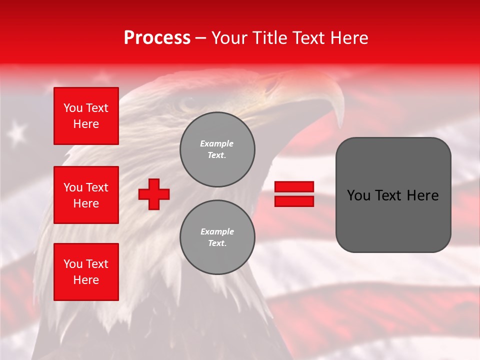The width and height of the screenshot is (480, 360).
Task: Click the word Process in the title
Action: (157, 38)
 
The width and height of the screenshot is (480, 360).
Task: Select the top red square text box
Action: (86, 116)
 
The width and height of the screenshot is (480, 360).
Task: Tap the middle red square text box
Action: (86, 195)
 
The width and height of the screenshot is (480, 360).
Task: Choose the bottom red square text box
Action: (86, 272)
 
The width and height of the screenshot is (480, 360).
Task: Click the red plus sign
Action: (154, 194)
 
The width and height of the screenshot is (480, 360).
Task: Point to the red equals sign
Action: (294, 194)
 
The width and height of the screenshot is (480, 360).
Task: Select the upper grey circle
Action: (217, 149)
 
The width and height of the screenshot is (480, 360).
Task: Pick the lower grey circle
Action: (217, 237)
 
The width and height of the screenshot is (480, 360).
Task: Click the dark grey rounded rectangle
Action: (393, 194)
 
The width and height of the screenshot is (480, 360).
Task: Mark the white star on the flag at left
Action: (18, 132)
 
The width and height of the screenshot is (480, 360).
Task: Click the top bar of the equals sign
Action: (294, 187)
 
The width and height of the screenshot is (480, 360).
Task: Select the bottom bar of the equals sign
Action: (294, 201)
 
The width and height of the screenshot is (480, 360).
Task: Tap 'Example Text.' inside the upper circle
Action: (217, 149)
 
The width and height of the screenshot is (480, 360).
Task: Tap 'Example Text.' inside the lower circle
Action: (217, 237)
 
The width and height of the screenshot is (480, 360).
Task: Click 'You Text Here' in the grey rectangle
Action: (393, 195)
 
